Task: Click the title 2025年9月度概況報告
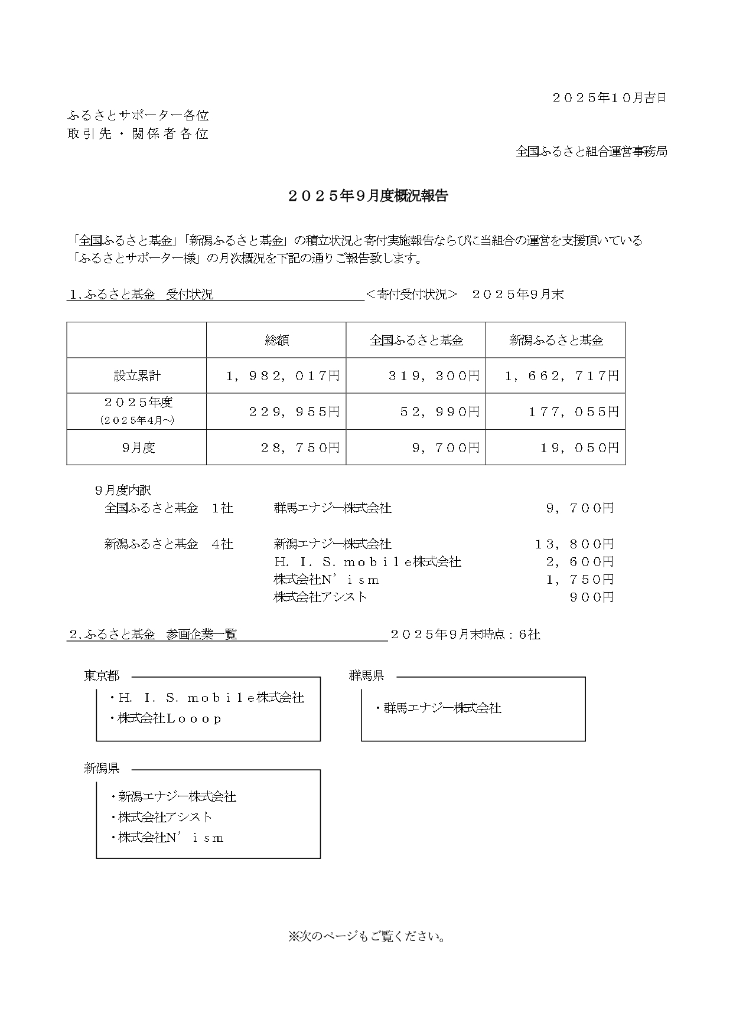[x=368, y=197]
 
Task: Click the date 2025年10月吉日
[x=609, y=98]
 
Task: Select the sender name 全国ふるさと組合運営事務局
[x=591, y=152]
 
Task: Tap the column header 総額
[x=276, y=340]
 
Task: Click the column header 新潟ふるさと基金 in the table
[x=556, y=340]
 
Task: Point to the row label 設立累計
[x=137, y=375]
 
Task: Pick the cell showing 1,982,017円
[x=283, y=375]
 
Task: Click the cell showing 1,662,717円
[x=562, y=375]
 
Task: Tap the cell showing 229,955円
[x=294, y=411]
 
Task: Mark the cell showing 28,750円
[x=300, y=447]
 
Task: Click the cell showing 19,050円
[x=579, y=447]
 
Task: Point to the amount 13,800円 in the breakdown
[x=574, y=544]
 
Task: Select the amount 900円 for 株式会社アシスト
[x=592, y=597]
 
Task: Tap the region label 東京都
[x=102, y=676]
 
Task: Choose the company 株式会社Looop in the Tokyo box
[x=170, y=718]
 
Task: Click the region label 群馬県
[x=366, y=676]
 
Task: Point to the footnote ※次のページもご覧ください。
[x=367, y=936]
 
